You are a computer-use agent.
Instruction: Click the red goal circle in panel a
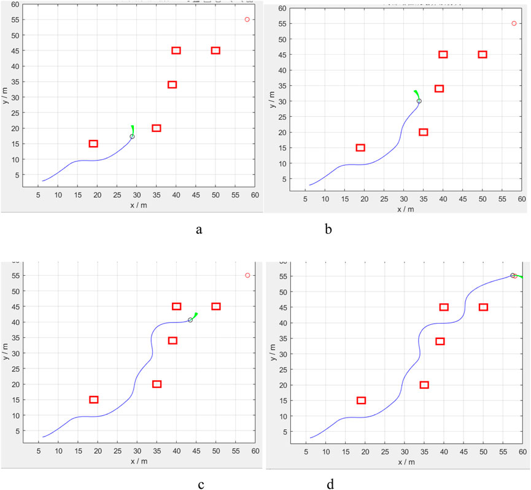247,20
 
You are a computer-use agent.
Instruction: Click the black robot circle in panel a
132,136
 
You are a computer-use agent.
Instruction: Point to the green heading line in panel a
132,130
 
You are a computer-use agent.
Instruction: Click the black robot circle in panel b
419,101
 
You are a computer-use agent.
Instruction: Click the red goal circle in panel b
514,23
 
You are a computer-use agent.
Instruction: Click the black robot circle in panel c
190,320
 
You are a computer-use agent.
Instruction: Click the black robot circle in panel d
513,276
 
